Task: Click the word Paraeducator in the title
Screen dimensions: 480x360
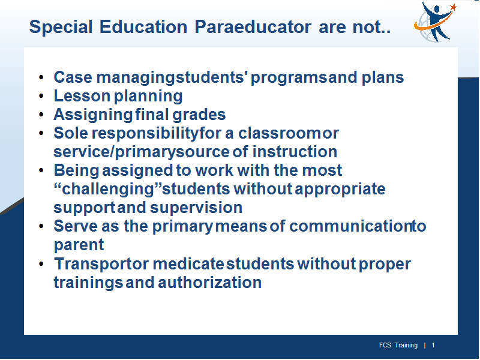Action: tap(253, 26)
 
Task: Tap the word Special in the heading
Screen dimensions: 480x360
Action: tap(61, 27)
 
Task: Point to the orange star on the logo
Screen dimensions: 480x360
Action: tap(454, 7)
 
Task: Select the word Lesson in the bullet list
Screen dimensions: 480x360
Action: tap(82, 96)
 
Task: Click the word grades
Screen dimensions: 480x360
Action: tap(199, 115)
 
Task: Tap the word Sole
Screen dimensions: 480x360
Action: tap(71, 133)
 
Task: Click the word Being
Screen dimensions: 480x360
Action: tap(77, 170)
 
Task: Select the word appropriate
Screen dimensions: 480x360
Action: tap(340, 189)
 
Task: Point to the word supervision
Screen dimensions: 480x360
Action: tap(196, 208)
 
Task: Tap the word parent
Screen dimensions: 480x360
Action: tap(79, 245)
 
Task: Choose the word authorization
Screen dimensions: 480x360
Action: tap(209, 283)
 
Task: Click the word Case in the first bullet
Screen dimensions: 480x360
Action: tap(73, 77)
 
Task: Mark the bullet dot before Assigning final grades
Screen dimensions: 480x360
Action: tap(41, 115)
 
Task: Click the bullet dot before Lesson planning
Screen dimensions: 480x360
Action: tap(41, 96)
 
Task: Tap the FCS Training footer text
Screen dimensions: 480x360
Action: tap(398, 346)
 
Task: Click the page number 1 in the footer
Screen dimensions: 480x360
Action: tap(433, 346)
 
